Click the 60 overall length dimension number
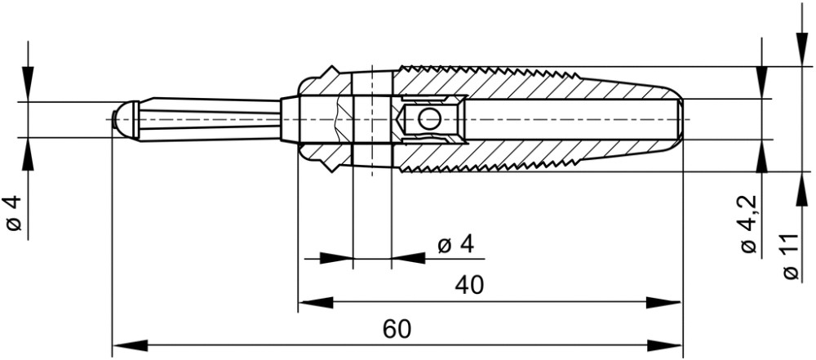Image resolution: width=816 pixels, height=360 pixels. click(x=397, y=329)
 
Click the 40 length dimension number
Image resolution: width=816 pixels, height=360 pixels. click(x=469, y=285)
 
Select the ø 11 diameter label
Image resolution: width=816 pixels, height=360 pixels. click(x=790, y=256)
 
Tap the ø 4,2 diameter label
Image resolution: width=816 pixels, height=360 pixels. click(x=749, y=224)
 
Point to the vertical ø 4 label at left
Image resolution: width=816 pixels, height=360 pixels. click(x=14, y=213)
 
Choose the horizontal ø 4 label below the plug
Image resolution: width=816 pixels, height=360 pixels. click(x=456, y=244)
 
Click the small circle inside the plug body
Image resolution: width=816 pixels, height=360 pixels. click(x=430, y=119)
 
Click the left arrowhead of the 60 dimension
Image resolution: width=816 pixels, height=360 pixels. click(x=130, y=344)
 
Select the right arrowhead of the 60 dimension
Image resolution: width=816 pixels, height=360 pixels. click(x=664, y=344)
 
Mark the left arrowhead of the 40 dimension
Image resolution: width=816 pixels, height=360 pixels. click(x=316, y=302)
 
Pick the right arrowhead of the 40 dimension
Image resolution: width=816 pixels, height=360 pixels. click(x=663, y=302)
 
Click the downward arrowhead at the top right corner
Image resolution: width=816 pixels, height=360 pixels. click(x=802, y=50)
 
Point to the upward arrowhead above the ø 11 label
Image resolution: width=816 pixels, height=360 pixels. click(x=802, y=189)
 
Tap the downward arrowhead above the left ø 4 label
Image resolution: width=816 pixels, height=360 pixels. click(x=28, y=84)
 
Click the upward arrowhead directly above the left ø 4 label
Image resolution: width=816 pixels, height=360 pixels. click(x=28, y=155)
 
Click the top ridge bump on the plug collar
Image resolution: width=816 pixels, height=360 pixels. click(x=331, y=71)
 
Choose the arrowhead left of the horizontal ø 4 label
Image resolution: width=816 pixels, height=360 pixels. click(x=336, y=258)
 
